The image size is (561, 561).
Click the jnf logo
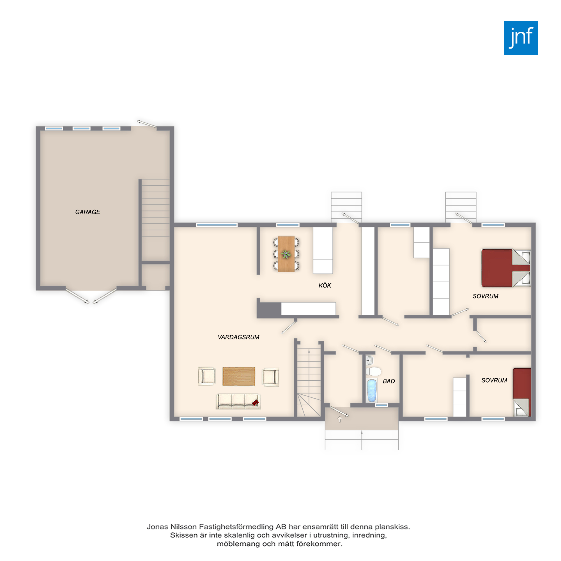[x=521, y=38]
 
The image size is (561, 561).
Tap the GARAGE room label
[x=88, y=212]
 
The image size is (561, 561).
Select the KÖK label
[x=325, y=285]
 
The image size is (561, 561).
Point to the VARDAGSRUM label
[x=238, y=337]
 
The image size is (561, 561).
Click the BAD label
[x=389, y=381]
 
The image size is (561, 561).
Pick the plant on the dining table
[x=286, y=254]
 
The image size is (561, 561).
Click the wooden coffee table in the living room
[x=239, y=376]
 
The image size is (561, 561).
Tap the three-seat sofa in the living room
[x=238, y=402]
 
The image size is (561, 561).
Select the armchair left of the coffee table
[x=207, y=376]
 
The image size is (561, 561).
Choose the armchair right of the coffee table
[x=271, y=377]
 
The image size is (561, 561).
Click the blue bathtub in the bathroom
[x=372, y=390]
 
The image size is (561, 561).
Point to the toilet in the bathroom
[x=373, y=371]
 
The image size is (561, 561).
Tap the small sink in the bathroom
[x=369, y=360]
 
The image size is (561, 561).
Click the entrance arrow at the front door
[x=340, y=419]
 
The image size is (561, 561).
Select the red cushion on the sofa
[x=255, y=403]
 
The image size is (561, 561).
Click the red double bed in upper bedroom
[x=506, y=268]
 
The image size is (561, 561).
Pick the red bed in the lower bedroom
[x=522, y=392]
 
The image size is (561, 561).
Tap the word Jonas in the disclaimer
[x=157, y=527]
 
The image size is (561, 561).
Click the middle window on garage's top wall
[x=81, y=128]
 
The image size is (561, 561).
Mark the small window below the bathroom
[x=381, y=405]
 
